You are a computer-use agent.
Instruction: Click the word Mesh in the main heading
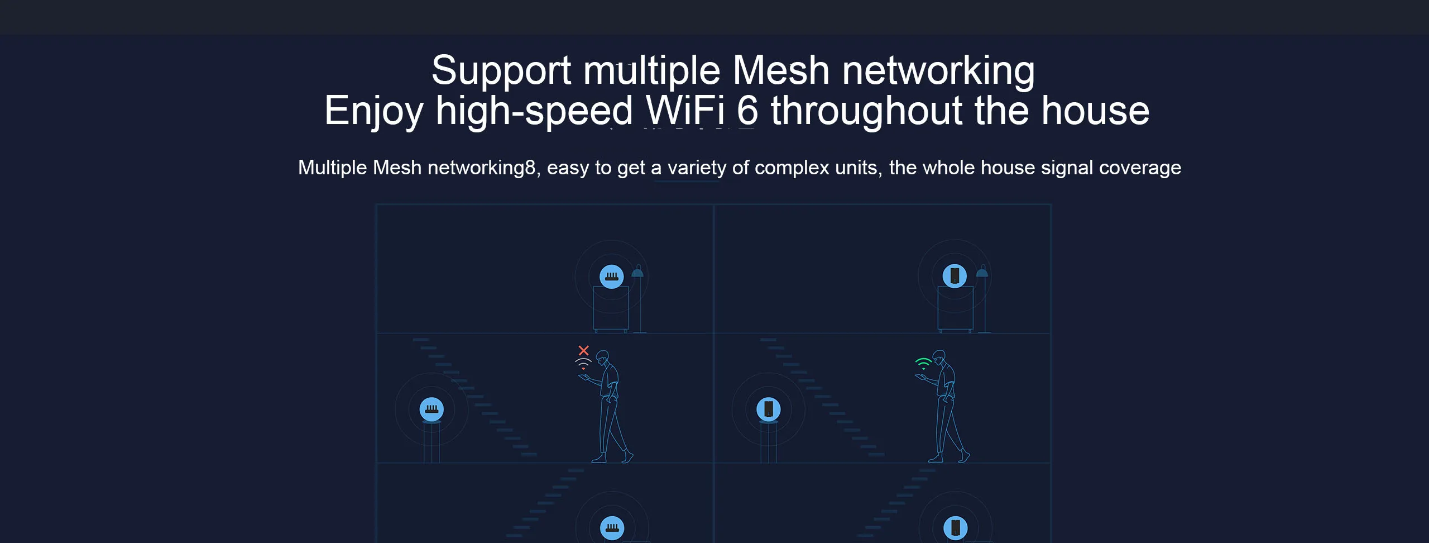tap(780, 71)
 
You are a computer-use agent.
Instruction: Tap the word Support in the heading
tap(501, 71)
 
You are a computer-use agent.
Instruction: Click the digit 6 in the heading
tap(747, 111)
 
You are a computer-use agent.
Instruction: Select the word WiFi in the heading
tap(685, 111)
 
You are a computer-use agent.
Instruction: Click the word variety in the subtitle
tap(697, 168)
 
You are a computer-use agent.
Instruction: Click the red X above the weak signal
tap(583, 350)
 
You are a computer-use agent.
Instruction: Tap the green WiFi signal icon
tap(923, 364)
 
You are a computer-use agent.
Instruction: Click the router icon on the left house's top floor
tap(612, 277)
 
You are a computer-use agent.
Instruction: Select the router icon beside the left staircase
tap(431, 409)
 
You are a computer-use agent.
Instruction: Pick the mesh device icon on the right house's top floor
tap(955, 276)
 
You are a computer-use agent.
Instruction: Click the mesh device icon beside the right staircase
tap(769, 409)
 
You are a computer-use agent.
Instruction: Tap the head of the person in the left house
tap(602, 357)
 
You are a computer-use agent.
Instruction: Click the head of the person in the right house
tap(940, 357)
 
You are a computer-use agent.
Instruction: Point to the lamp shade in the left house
tap(637, 273)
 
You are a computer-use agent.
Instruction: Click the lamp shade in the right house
tap(982, 273)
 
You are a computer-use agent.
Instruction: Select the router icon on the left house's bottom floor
tap(612, 528)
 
